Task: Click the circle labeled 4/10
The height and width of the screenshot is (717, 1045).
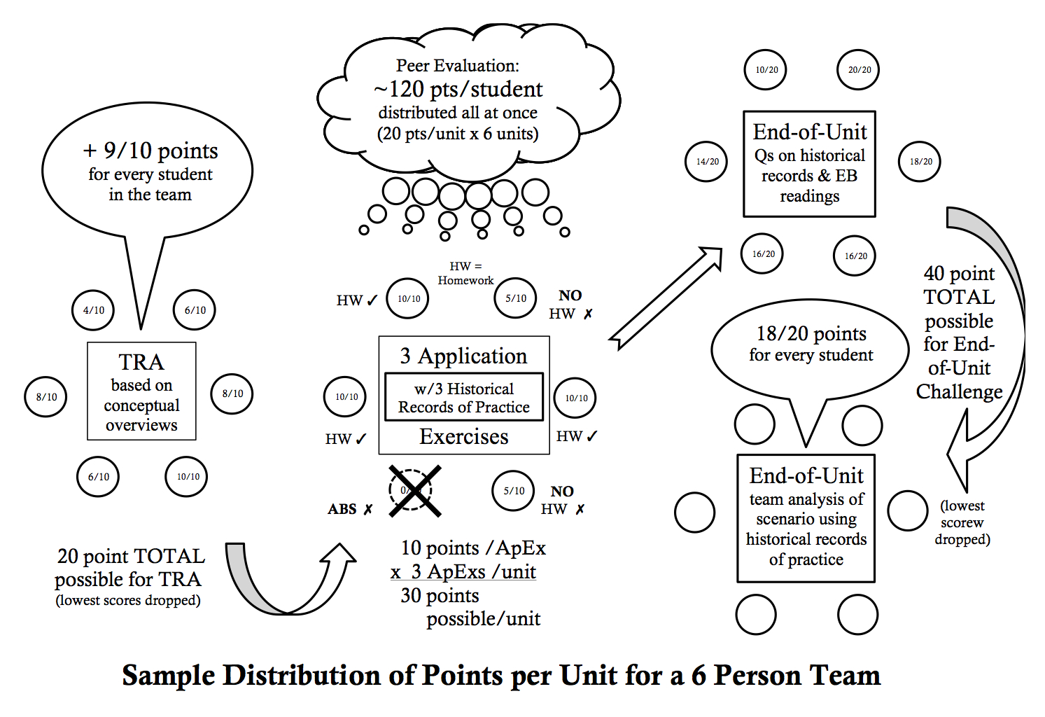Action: point(93,310)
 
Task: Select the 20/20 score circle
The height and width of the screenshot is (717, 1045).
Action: point(859,70)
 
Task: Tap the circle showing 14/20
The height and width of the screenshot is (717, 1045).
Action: point(707,162)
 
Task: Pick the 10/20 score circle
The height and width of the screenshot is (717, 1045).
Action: point(766,70)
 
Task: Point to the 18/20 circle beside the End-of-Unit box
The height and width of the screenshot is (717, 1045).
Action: point(920,162)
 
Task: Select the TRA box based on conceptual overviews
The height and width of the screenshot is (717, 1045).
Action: point(141,391)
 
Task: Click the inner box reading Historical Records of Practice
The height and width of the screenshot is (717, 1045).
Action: point(464,398)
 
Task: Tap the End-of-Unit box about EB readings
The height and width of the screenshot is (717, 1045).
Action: point(809,165)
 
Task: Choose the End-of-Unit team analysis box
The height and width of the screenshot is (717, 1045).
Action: point(806,518)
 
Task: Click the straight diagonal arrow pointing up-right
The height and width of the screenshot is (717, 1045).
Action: point(665,298)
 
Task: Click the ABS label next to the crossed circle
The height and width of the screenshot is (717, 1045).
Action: point(342,509)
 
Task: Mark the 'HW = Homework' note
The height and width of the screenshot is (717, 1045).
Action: point(465,273)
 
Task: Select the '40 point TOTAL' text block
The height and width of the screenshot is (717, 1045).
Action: point(959,333)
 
